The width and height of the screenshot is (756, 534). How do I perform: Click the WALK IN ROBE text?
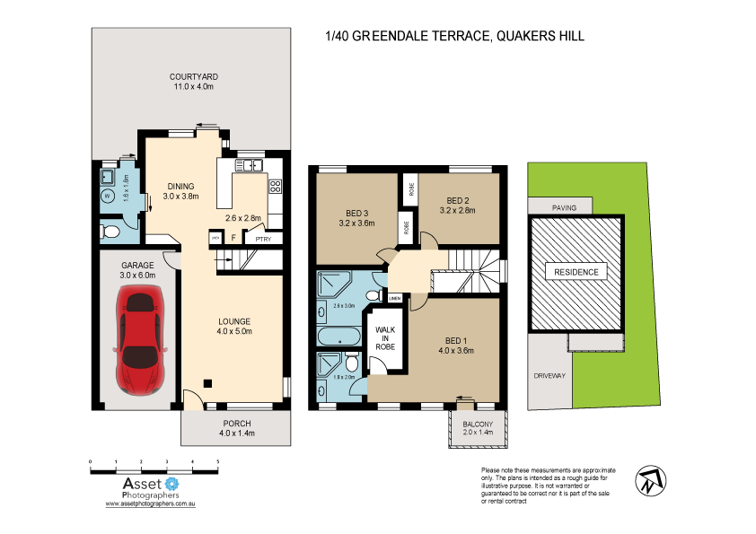pos(384,340)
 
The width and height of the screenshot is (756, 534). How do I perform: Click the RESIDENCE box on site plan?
pos(576,272)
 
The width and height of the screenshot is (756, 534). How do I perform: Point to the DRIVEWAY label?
pos(549,376)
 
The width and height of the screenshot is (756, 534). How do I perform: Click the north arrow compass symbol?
pos(650,480)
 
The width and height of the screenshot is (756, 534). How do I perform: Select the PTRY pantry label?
pos(263,239)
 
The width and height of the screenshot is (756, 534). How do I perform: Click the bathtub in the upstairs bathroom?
pos(338,338)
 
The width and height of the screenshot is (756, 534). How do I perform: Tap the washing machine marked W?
pos(108,194)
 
